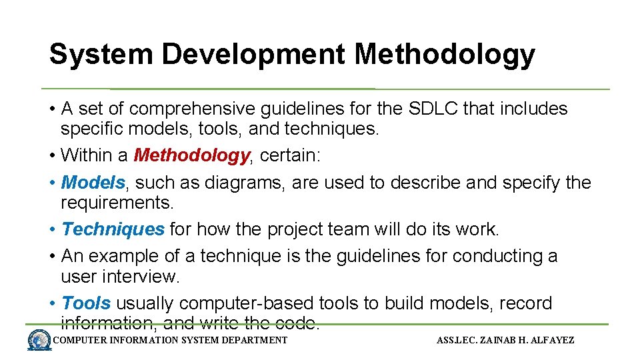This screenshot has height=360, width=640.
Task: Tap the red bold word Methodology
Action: tap(191, 155)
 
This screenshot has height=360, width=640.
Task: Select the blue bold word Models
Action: tap(93, 182)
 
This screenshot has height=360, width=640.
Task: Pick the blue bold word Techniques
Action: tap(113, 229)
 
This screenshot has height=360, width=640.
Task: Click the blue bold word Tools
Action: tap(86, 303)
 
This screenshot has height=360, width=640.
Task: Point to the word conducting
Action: tap(494, 256)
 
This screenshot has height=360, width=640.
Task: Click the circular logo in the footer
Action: tap(39, 341)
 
